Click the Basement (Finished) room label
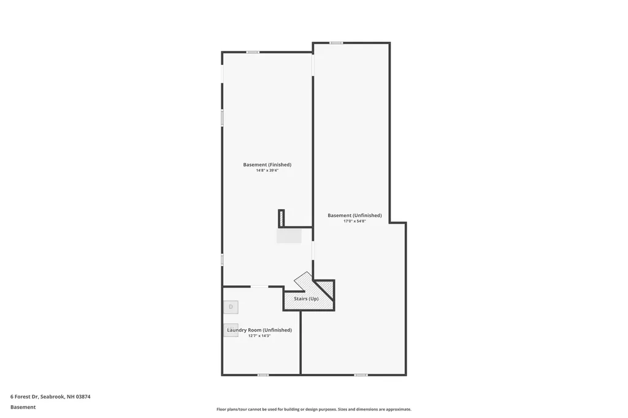click(x=267, y=164)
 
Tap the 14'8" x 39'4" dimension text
click(x=267, y=170)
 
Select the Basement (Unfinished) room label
click(x=354, y=215)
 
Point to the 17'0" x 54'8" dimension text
click(x=354, y=221)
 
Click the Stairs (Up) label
click(x=306, y=298)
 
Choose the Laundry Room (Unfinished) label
click(x=259, y=330)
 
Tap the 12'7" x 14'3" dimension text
click(x=259, y=336)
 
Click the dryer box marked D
click(x=231, y=306)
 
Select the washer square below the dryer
click(x=231, y=330)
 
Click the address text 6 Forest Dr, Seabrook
click(x=50, y=397)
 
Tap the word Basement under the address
click(x=23, y=407)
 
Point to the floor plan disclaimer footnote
click(x=313, y=409)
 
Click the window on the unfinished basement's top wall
click(x=336, y=43)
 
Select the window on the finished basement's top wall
click(x=252, y=52)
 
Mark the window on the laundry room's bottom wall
click(x=262, y=374)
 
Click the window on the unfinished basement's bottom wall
click(x=361, y=374)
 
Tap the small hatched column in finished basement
click(x=281, y=218)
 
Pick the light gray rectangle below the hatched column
click(x=289, y=236)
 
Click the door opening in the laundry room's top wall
click(x=259, y=286)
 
